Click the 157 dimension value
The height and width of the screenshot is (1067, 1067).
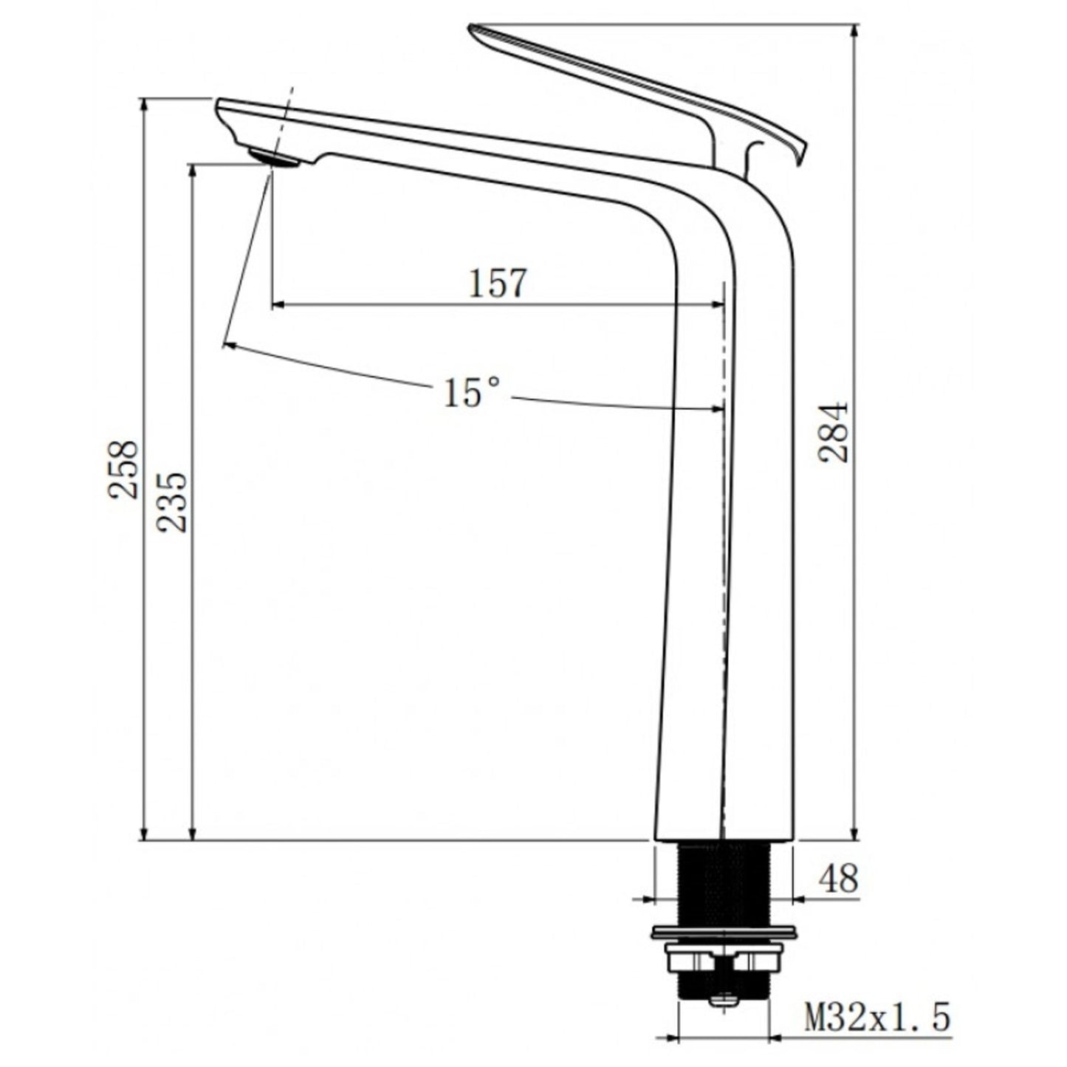coord(498,284)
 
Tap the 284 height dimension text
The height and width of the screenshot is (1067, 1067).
coord(834,433)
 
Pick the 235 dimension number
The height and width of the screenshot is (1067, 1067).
coord(173,502)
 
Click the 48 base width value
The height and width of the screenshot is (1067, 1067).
coord(838,879)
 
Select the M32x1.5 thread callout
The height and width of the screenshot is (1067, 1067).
coord(876,1019)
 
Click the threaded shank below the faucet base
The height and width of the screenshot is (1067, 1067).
coord(724,882)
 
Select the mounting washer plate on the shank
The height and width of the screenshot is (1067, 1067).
coord(724,932)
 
